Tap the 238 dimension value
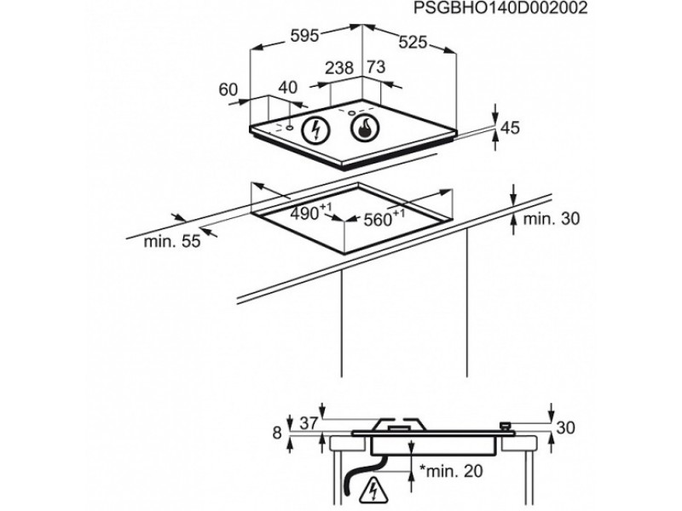[340, 68]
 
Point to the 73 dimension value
[376, 68]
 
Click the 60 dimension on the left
[227, 88]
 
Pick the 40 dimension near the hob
[288, 87]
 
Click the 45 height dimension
[510, 129]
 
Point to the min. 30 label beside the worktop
[551, 219]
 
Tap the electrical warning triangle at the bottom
[373, 492]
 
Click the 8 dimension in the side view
[276, 433]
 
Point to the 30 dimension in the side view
[564, 428]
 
